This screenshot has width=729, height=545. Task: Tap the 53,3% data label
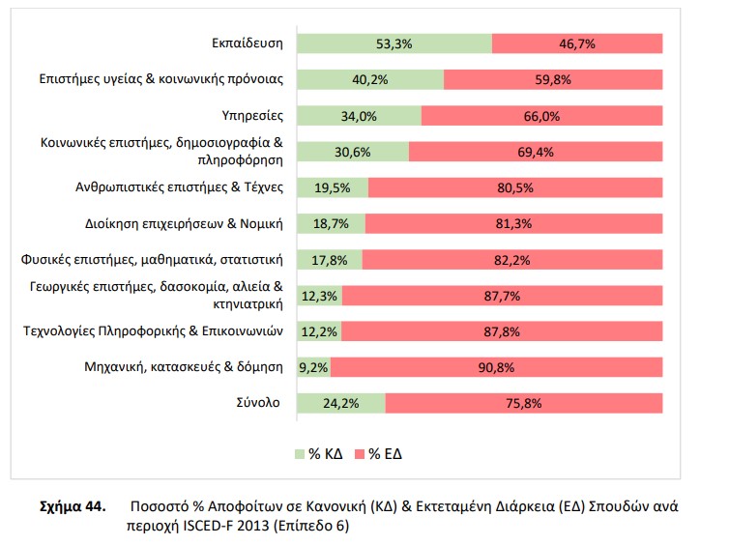coord(394,43)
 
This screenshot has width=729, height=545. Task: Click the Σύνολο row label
coord(256,402)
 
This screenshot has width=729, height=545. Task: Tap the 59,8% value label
coord(553,79)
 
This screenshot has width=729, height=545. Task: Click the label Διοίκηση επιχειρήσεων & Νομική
coord(184,224)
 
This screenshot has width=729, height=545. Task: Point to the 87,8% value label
coord(500,331)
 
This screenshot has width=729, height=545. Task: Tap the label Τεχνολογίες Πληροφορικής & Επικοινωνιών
coord(152,331)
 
